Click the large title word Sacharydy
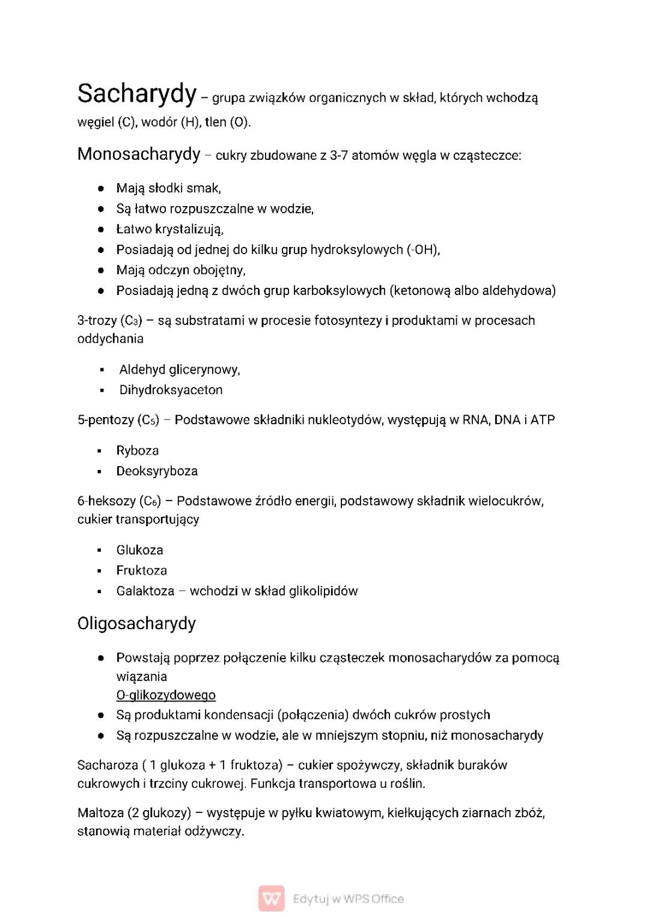pyautogui.click(x=137, y=94)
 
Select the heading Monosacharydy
pyautogui.click(x=139, y=154)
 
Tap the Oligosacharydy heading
pyautogui.click(x=136, y=624)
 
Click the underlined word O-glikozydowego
pyautogui.click(x=166, y=695)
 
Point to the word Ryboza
pyautogui.click(x=138, y=451)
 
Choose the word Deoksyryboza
pyautogui.click(x=157, y=471)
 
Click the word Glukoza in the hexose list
pyautogui.click(x=139, y=550)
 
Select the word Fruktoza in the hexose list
pyautogui.click(x=142, y=570)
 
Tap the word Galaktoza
pyautogui.click(x=145, y=591)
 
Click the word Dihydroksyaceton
pyautogui.click(x=171, y=390)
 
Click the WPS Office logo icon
pyautogui.click(x=272, y=899)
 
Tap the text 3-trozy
pyautogui.click(x=97, y=320)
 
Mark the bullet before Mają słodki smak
pyautogui.click(x=102, y=188)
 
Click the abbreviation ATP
pyautogui.click(x=543, y=419)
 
